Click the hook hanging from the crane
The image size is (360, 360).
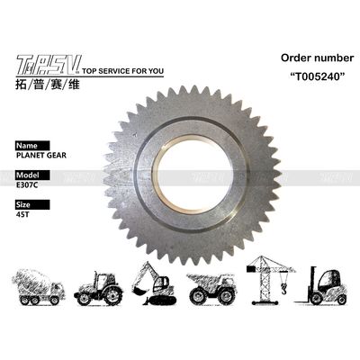tap(282, 287)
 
